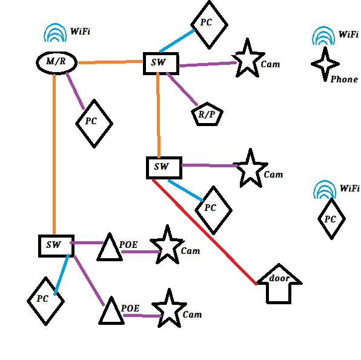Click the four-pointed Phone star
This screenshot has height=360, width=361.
coord(325,64)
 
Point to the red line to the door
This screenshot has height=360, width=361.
coord(205,232)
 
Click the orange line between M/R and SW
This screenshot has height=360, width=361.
coord(110,62)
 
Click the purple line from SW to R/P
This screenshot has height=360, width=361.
coord(182,89)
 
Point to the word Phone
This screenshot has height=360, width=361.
coord(344,79)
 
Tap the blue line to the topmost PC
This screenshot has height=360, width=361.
coord(177,41)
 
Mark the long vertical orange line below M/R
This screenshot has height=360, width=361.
coord(54,154)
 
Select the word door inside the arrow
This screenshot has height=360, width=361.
coord(279,278)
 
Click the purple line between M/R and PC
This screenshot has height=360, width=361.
coord(75,91)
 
